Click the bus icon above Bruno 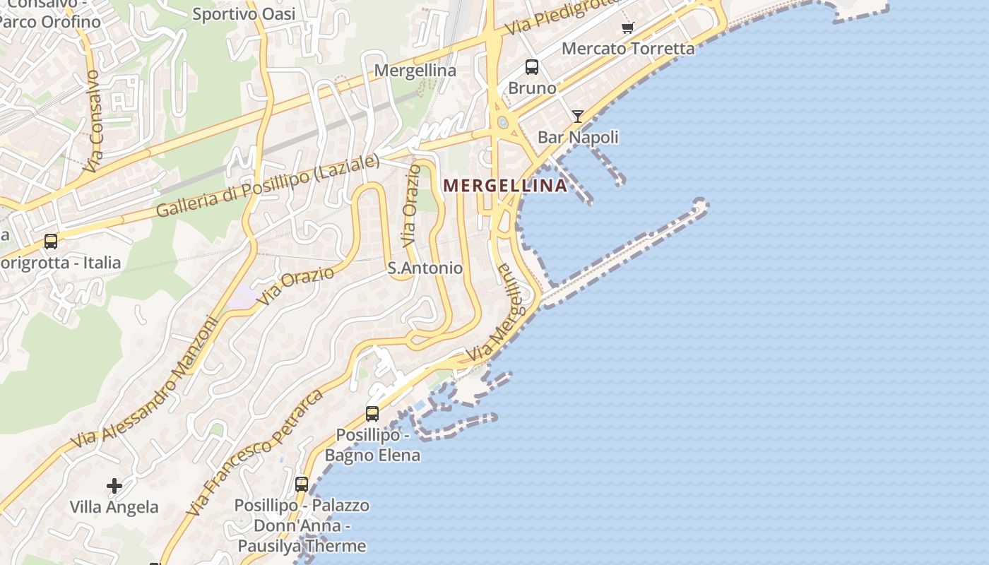coord(532,67)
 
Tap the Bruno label coord(532,88)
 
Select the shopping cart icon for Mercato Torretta coord(627,28)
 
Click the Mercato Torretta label coord(628,49)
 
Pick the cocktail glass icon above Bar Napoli coord(578,117)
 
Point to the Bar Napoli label coord(578,137)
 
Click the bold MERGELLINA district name coord(504,186)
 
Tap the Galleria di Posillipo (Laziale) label coord(267,186)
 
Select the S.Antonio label coord(425,268)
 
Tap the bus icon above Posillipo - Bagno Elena coord(372,414)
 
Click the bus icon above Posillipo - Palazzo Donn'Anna coord(302,484)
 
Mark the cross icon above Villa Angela coord(114,486)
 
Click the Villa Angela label coord(114,507)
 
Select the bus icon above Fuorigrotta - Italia coord(51,242)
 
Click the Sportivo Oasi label coord(244,13)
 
